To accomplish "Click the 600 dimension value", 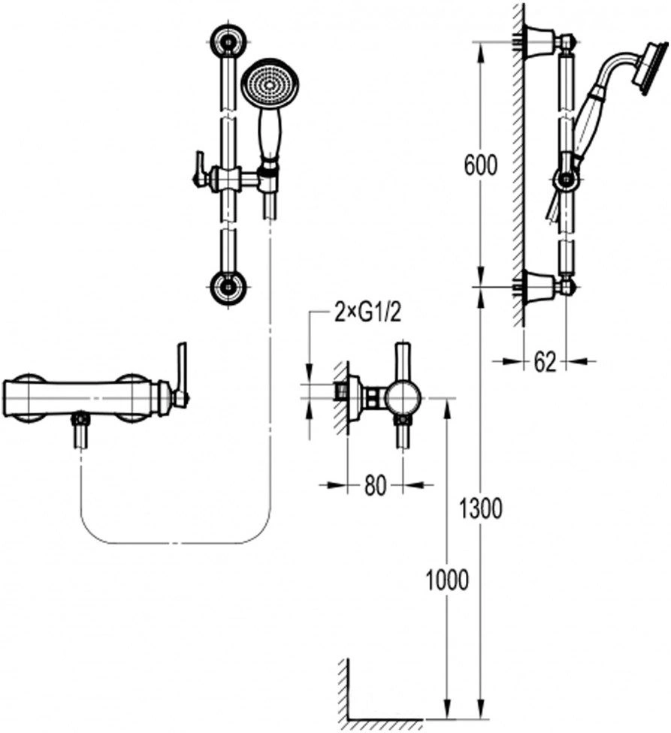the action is point(481,165).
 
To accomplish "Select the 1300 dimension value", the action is point(481,508).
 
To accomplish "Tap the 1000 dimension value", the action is point(446,581).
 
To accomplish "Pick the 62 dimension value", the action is point(545,361).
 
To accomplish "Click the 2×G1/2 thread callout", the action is point(368,314).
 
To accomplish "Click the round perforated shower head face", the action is point(269,86).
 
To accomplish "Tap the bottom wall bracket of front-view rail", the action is point(228,286).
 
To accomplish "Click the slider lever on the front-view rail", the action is point(198,170).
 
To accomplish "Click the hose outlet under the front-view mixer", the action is point(81,430).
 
